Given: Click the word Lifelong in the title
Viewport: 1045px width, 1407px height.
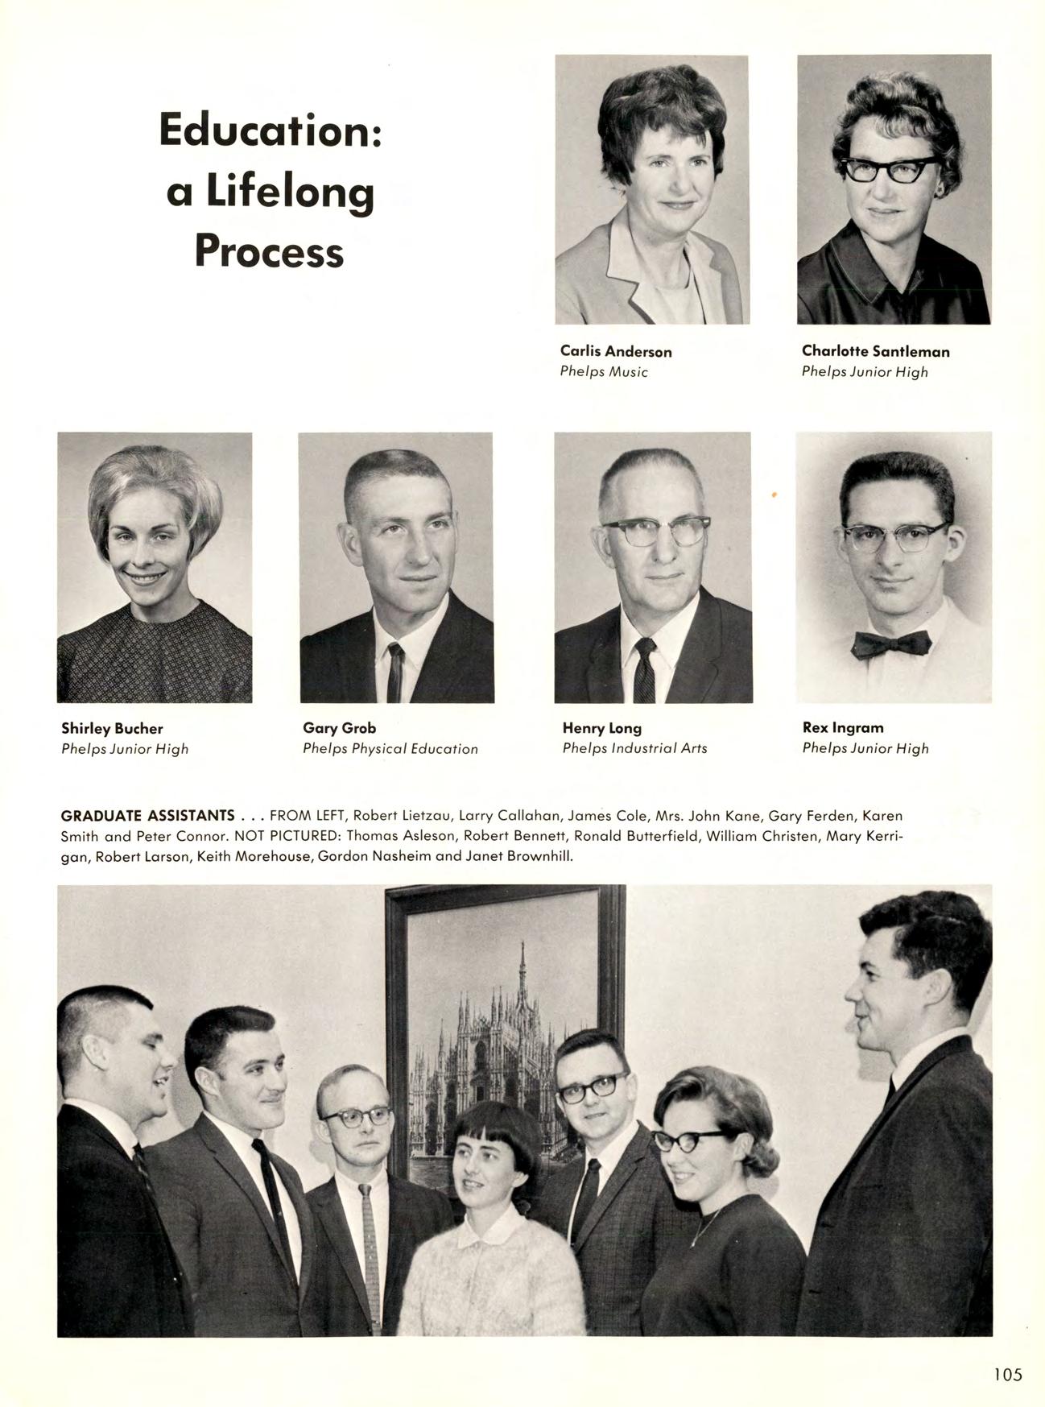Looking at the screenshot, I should (290, 192).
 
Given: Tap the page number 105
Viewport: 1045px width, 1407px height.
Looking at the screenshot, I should (1006, 1374).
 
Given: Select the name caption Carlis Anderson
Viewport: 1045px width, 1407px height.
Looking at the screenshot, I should (616, 351).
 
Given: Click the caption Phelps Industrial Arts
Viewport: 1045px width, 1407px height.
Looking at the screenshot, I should (634, 748).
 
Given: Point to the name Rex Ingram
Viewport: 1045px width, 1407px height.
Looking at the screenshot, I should (842, 727).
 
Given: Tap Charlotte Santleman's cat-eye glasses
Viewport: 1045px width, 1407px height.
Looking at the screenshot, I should (888, 169).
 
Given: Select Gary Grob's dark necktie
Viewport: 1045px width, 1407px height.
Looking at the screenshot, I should (394, 672).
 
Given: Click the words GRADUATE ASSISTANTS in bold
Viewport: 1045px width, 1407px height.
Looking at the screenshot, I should (147, 816).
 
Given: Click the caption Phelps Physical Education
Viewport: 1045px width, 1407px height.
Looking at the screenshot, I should (390, 749).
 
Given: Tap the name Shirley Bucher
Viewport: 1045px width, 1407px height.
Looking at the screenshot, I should (112, 729).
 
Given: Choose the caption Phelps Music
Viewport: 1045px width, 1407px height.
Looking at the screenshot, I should (604, 372).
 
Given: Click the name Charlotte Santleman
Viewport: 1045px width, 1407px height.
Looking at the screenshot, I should (875, 351).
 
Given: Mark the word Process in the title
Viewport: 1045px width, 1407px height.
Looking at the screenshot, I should (269, 251).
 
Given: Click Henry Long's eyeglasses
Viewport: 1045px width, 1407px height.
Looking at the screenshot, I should (654, 530).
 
